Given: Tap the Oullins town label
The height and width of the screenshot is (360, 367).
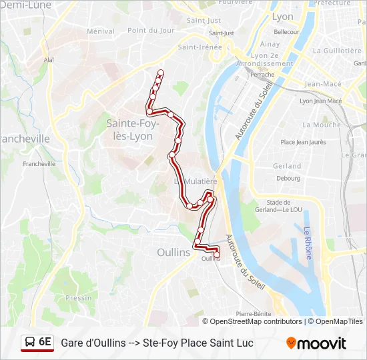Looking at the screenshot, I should [x=173, y=253].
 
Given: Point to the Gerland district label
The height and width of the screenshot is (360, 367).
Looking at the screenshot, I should [x=287, y=166].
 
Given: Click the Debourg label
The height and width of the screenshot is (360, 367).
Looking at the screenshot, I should [x=288, y=178].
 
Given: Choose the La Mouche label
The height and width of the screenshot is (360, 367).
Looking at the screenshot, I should [x=321, y=125].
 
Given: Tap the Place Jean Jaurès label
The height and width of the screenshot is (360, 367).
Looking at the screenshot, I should [x=303, y=142].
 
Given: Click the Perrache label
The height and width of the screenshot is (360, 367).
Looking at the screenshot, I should [x=262, y=75].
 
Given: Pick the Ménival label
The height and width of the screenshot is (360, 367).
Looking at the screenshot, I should [x=101, y=31].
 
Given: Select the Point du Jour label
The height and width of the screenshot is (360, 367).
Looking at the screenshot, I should [x=151, y=30].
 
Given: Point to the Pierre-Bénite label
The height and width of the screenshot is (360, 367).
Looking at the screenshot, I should [x=252, y=313].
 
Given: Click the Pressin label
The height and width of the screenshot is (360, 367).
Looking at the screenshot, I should [x=79, y=298].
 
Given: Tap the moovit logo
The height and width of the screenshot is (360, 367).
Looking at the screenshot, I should [x=316, y=343].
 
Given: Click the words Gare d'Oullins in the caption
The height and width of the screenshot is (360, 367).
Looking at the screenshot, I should [x=93, y=343].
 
